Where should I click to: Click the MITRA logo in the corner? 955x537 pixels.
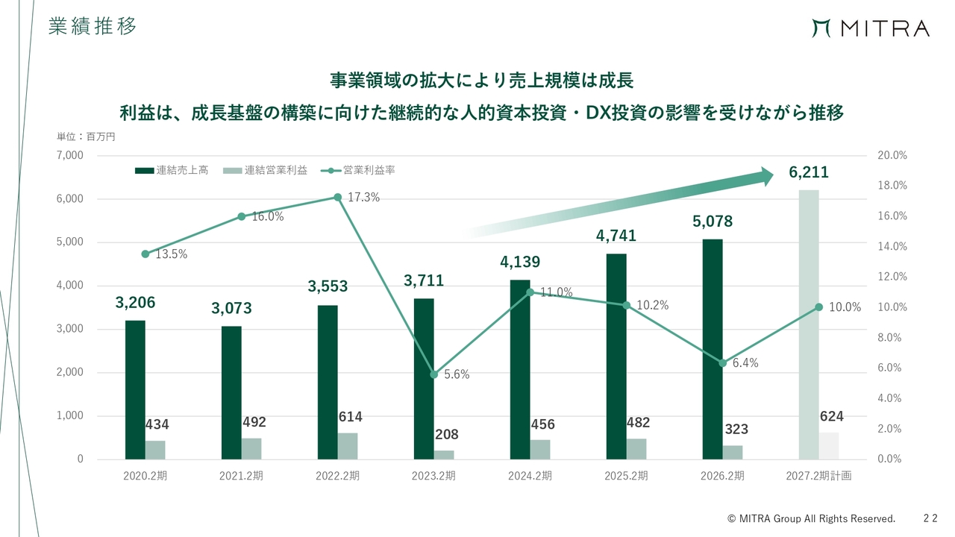point(871,28)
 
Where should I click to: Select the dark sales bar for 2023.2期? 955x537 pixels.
point(424,379)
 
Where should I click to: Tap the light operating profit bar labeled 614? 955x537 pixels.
point(348,446)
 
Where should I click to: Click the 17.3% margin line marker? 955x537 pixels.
point(338,197)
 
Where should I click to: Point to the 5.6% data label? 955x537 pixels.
point(457,374)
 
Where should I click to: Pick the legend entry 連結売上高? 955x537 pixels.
point(172,171)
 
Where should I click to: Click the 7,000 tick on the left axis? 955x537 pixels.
point(70,155)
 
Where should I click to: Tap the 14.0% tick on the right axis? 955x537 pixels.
point(892,246)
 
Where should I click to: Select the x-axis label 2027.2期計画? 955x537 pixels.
point(818,476)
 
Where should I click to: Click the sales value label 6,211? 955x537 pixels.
point(808,172)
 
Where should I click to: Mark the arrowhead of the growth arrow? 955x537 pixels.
point(767,177)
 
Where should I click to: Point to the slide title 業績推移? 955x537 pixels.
point(92,26)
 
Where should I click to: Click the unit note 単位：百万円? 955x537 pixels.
point(86,136)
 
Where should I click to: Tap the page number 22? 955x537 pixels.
point(930,518)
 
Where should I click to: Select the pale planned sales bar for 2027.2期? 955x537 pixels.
point(808,324)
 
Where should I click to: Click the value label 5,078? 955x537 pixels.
point(713,222)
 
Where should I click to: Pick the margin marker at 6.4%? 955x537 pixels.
point(723,363)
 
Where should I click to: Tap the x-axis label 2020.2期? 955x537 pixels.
point(145,476)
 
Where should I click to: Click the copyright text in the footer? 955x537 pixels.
point(811,518)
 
